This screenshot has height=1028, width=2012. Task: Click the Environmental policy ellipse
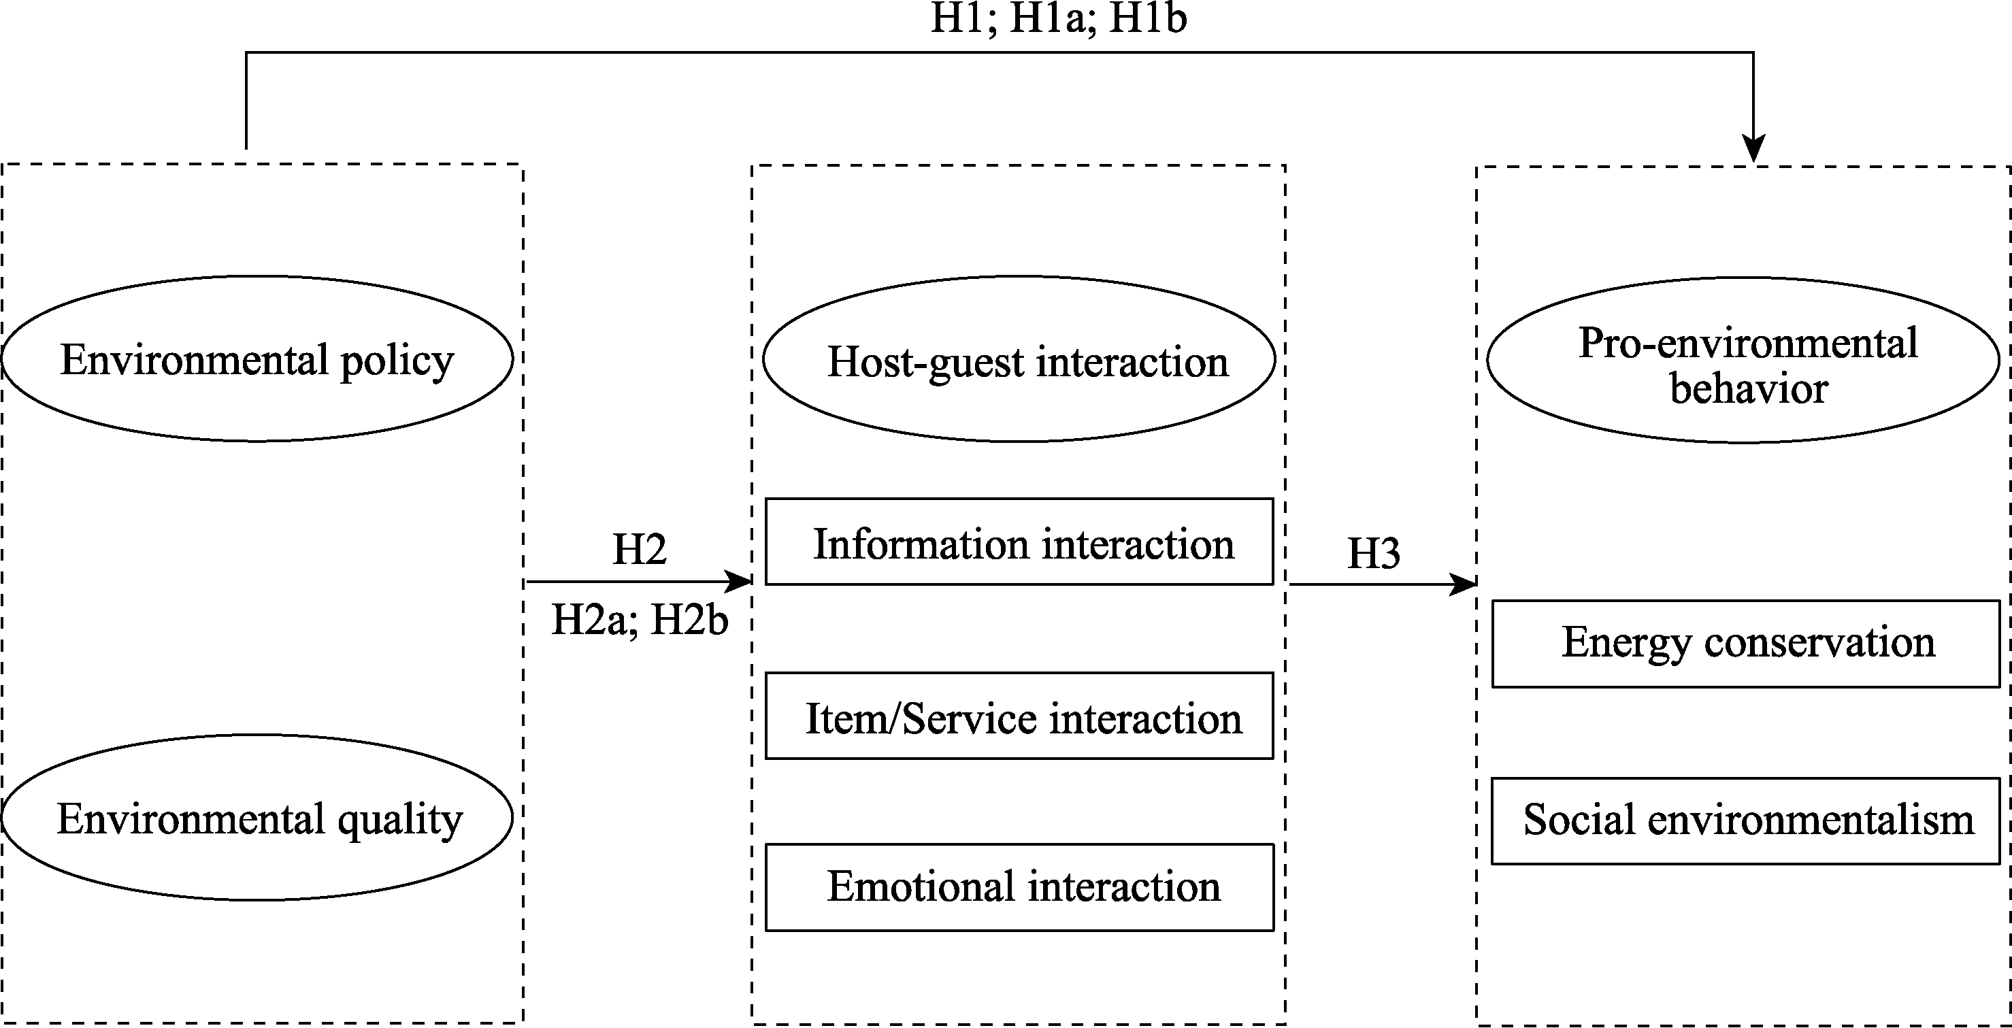[258, 359]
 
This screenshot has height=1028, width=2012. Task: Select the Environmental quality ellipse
[258, 817]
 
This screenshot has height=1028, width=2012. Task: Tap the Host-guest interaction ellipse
[1019, 359]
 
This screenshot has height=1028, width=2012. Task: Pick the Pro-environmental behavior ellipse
[1743, 360]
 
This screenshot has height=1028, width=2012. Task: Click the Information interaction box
[1019, 542]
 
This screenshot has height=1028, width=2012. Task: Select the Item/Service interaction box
[1019, 716]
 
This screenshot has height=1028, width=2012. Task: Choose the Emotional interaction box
[1019, 887]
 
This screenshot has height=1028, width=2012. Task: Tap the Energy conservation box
[1746, 644]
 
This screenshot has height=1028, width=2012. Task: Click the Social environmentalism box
[1746, 821]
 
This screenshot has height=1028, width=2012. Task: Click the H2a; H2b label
[640, 620]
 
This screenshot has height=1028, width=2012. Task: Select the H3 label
[1373, 553]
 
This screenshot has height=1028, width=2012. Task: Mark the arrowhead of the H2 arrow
[739, 581]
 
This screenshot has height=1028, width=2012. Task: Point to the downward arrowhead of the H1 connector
[1753, 148]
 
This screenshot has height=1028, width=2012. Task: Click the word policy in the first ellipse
[397, 361]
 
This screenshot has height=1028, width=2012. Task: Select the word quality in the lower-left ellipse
[400, 820]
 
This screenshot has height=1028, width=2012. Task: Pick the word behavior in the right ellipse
[1749, 388]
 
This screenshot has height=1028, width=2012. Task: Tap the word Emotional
[922, 886]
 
